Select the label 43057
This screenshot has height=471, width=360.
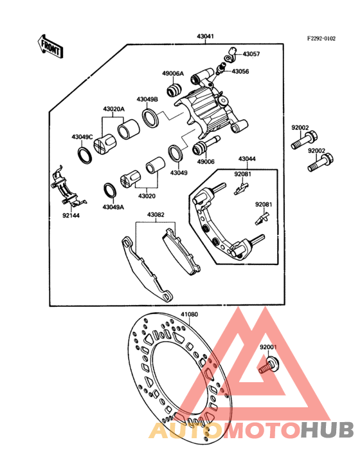[x=251, y=54]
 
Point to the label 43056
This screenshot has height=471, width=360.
[x=240, y=71]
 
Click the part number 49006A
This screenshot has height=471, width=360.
[x=172, y=73]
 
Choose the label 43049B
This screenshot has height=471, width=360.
[x=147, y=99]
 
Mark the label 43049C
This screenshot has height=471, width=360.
[x=82, y=136]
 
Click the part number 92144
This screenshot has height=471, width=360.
[x=71, y=216]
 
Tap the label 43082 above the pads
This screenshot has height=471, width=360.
[x=156, y=214]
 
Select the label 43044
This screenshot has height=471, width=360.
[x=248, y=158]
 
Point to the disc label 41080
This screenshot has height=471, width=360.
[x=189, y=315]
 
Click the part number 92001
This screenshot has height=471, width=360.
[x=268, y=347]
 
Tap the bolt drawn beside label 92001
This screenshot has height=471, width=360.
[x=267, y=367]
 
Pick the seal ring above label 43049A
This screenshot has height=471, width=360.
[x=110, y=190]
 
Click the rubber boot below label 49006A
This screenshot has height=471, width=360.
[x=174, y=89]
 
